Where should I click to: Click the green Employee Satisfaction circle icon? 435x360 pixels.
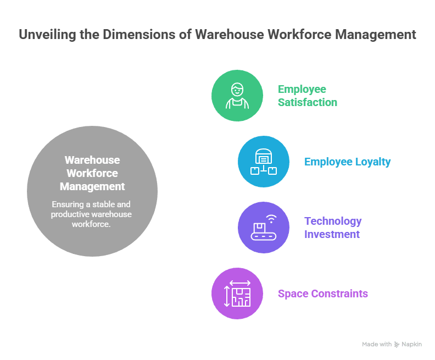point(237,95)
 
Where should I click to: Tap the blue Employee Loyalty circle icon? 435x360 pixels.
point(264,162)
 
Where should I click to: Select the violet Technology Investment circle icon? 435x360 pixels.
point(264,228)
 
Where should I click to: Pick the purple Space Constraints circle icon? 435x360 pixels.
point(237,293)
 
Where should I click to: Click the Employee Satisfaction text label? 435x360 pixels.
point(307,96)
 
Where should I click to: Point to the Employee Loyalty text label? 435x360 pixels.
point(347,162)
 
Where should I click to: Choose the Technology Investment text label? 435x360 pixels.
point(333,228)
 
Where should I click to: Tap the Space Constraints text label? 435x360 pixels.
point(322,293)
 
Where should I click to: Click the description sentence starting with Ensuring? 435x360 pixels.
point(92,214)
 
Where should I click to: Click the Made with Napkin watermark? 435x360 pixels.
point(392,344)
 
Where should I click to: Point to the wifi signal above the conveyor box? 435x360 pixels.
point(271,220)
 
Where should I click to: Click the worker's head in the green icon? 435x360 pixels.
point(237,90)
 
